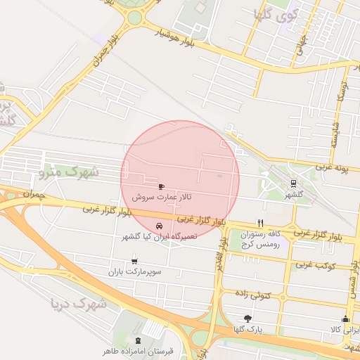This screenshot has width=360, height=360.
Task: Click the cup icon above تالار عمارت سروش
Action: click(x=162, y=186)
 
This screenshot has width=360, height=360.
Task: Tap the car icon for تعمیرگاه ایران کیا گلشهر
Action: click(x=160, y=226)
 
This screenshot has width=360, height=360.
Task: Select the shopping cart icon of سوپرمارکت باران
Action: click(x=134, y=261)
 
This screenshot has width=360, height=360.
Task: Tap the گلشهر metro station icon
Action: click(x=293, y=184)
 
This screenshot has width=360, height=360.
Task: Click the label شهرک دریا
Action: click(x=79, y=304)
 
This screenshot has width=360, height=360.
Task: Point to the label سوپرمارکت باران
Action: click(x=135, y=271)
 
